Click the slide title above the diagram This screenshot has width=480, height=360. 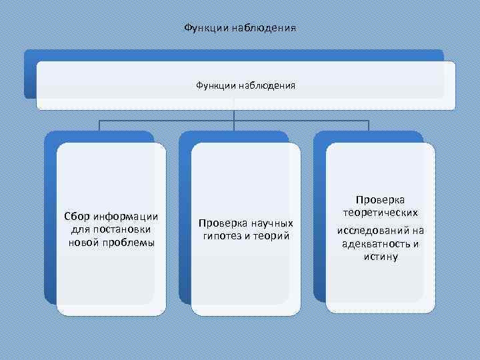coord(240,29)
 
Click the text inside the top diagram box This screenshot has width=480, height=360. coord(245,85)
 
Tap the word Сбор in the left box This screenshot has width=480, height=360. coord(77,217)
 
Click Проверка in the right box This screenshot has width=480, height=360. coord(380,199)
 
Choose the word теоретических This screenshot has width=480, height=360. coord(381,213)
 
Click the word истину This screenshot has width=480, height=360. coord(381,256)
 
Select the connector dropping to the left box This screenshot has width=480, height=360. coord(99,126)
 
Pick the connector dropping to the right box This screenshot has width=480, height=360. coord(369,126)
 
